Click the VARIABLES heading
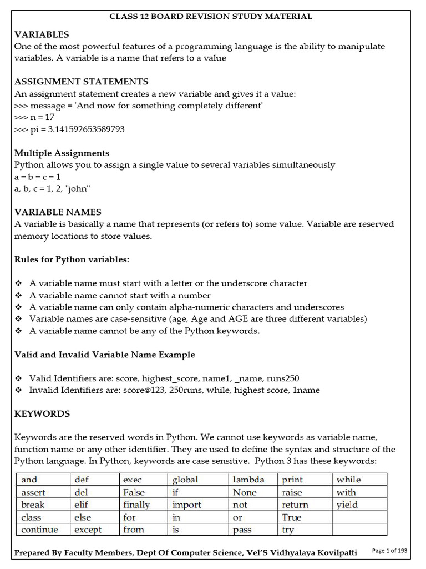point(42,34)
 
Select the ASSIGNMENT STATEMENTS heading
point(81,82)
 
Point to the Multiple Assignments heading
point(62,153)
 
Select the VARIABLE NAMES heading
point(58,212)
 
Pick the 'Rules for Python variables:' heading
point(72,259)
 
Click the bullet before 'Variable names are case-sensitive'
point(18,319)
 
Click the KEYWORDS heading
point(42,413)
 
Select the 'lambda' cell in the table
point(248,480)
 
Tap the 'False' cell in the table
point(134,492)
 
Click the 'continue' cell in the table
point(39,530)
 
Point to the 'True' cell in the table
point(292,517)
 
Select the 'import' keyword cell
point(187,505)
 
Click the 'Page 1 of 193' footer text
point(389,551)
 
